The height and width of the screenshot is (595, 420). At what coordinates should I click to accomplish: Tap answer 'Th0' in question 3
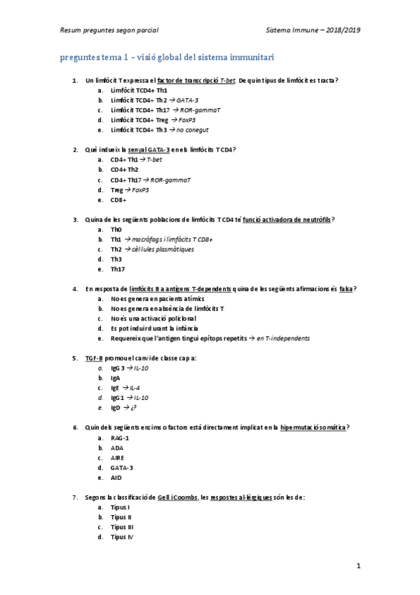point(116,229)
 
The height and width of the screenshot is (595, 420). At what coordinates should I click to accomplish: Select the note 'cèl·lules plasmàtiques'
point(163,249)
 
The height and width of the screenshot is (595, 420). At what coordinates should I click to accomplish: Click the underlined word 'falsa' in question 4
point(346,289)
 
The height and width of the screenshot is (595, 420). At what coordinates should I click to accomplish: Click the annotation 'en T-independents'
point(284,338)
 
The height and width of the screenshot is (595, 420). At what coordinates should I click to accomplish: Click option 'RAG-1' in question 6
point(120,438)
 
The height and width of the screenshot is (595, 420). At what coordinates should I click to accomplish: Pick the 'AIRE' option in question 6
point(117,457)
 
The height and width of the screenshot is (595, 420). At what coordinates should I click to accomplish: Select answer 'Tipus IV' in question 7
point(122,537)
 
